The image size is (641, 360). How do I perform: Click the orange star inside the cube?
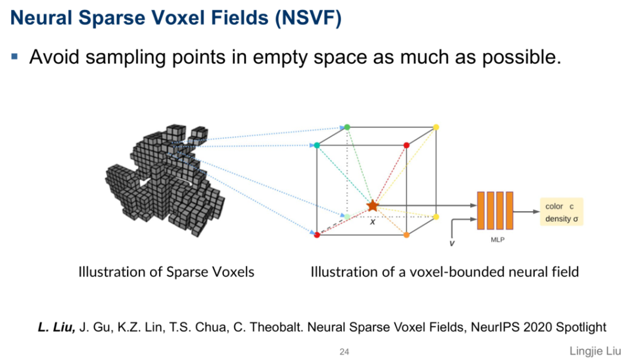[x=372, y=206]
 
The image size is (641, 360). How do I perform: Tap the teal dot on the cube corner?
[x=317, y=145]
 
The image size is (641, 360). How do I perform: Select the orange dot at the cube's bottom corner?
[x=407, y=235]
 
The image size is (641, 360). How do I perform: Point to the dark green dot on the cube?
[x=347, y=128]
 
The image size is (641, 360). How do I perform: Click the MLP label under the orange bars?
[x=497, y=240]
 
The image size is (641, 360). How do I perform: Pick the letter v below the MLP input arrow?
[x=452, y=243]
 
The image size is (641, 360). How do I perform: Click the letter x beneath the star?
[x=373, y=222]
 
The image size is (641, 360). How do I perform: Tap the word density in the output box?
[x=559, y=219]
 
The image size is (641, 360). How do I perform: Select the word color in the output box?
[x=554, y=206]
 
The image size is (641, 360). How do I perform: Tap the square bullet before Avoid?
[x=15, y=57]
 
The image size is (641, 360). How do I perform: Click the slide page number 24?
[x=344, y=352]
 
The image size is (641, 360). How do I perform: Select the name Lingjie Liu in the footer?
[x=595, y=351]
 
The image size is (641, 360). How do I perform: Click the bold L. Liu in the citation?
[x=56, y=327]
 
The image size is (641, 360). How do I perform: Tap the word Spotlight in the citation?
[x=580, y=327]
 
